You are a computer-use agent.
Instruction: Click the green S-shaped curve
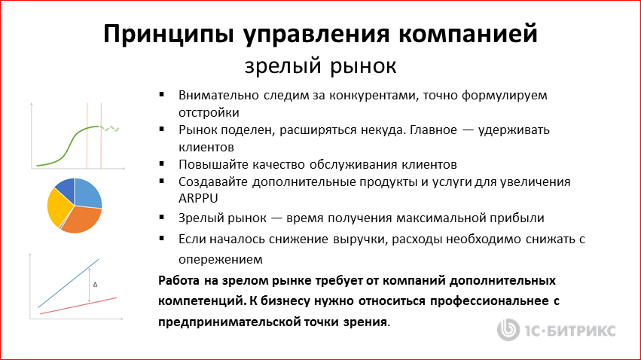click(71, 142)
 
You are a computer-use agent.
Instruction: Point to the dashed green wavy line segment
click(111, 128)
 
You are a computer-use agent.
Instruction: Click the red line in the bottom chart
click(75, 305)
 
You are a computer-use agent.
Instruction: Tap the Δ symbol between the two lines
click(94, 285)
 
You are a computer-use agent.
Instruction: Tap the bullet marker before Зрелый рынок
click(163, 218)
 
